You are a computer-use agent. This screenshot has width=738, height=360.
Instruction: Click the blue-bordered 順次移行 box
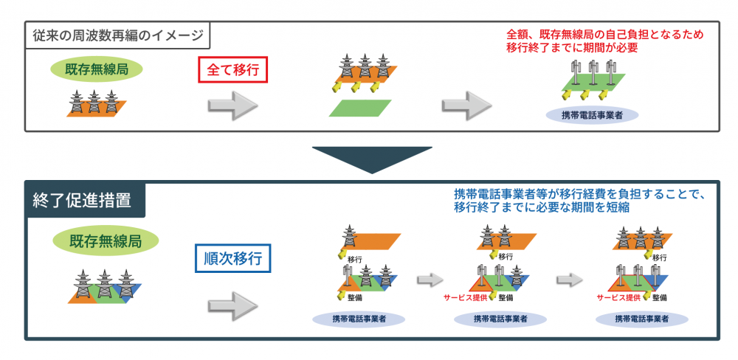tap(232, 259)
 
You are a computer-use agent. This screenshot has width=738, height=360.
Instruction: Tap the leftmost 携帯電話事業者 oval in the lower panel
tap(357, 319)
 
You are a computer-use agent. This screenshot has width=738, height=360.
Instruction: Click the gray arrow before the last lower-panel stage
tap(569, 280)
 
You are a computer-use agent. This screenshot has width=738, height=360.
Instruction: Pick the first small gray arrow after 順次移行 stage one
tap(429, 280)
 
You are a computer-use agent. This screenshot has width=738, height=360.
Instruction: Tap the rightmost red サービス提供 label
tap(618, 297)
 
